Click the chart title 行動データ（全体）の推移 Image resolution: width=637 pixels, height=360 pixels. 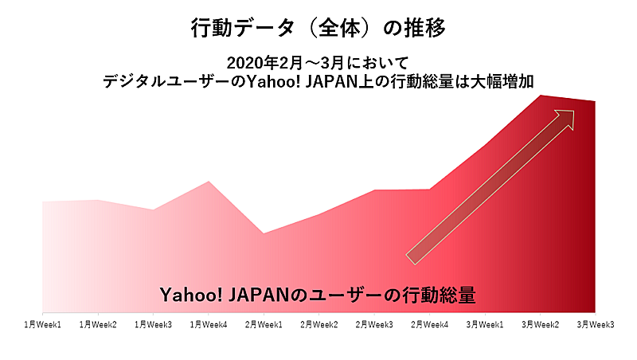(318, 28)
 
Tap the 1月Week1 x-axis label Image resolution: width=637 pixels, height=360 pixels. (43, 325)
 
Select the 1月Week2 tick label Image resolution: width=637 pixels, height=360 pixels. (98, 325)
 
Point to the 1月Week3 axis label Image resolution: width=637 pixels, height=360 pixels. (153, 325)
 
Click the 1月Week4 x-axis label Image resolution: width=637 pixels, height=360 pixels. (209, 325)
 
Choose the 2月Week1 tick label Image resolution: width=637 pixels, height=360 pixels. (264, 325)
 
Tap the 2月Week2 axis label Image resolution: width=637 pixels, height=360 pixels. (319, 325)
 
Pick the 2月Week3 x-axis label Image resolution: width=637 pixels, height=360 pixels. (374, 325)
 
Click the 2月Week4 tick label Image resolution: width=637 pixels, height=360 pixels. (429, 325)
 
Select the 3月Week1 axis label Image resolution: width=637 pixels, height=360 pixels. (485, 325)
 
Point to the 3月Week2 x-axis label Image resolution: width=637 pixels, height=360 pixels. (541, 325)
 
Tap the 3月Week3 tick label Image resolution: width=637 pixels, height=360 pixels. (596, 325)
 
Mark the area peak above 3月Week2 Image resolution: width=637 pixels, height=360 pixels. (541, 96)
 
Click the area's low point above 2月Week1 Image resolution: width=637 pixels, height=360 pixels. (264, 233)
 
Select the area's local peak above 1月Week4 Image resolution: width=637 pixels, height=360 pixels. (209, 182)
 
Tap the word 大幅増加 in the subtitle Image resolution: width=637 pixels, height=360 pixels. (502, 82)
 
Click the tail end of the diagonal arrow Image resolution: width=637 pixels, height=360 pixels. (410, 260)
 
